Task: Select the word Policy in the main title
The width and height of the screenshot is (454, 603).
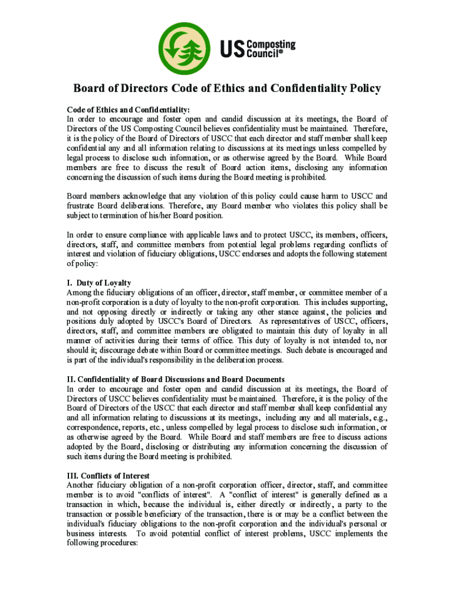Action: pos(361,89)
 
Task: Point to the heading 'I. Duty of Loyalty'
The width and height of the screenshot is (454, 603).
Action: pos(99,283)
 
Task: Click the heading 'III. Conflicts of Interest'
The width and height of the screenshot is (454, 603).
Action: pos(108,475)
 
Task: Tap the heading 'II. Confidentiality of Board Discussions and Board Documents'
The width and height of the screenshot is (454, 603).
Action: pos(176,379)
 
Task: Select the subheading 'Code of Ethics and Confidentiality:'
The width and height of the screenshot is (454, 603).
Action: pos(128,109)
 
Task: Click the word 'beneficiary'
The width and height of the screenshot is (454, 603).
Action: pos(142,514)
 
